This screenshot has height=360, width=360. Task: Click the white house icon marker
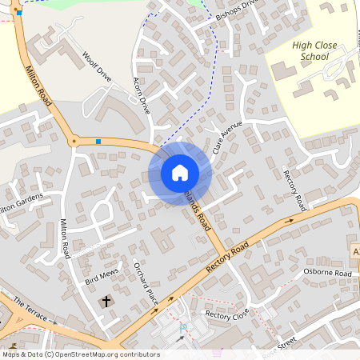point(180,172)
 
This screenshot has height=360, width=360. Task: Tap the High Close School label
point(304,52)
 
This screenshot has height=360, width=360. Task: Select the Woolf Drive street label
point(98,69)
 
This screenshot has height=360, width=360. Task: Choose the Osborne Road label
point(327,273)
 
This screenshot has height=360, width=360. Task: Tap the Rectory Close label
point(227,314)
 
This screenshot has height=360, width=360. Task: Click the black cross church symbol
point(107,302)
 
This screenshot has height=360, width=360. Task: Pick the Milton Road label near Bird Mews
point(66,239)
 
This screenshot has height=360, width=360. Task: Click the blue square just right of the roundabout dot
point(98,142)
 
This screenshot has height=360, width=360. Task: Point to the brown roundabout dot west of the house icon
point(74,141)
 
